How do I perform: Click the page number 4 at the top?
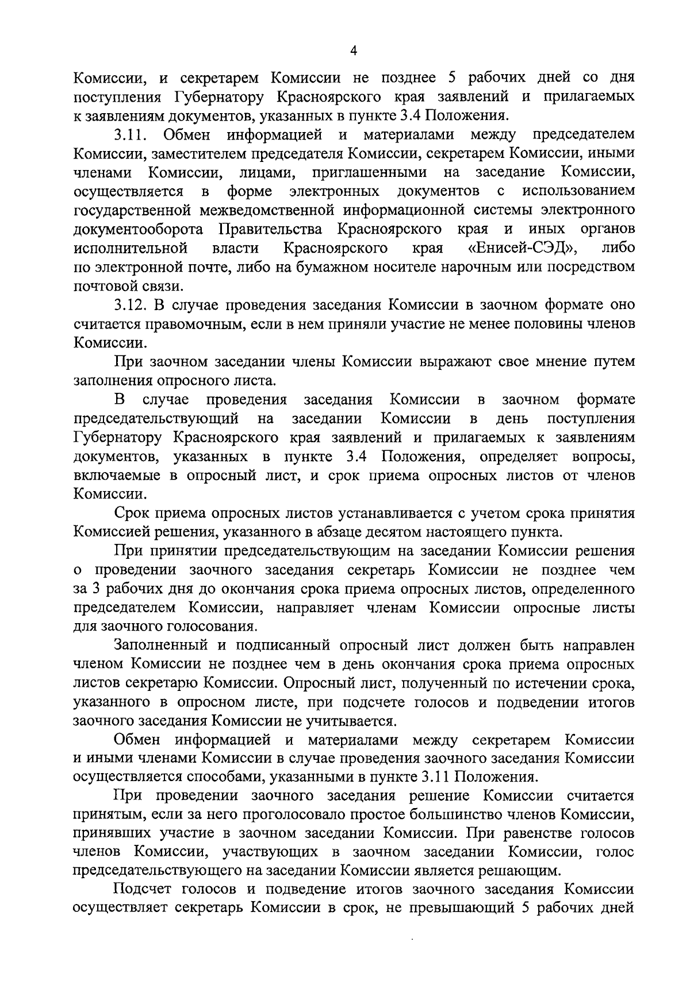coord(354,51)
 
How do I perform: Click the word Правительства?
coord(270,229)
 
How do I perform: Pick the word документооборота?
coord(139,229)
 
